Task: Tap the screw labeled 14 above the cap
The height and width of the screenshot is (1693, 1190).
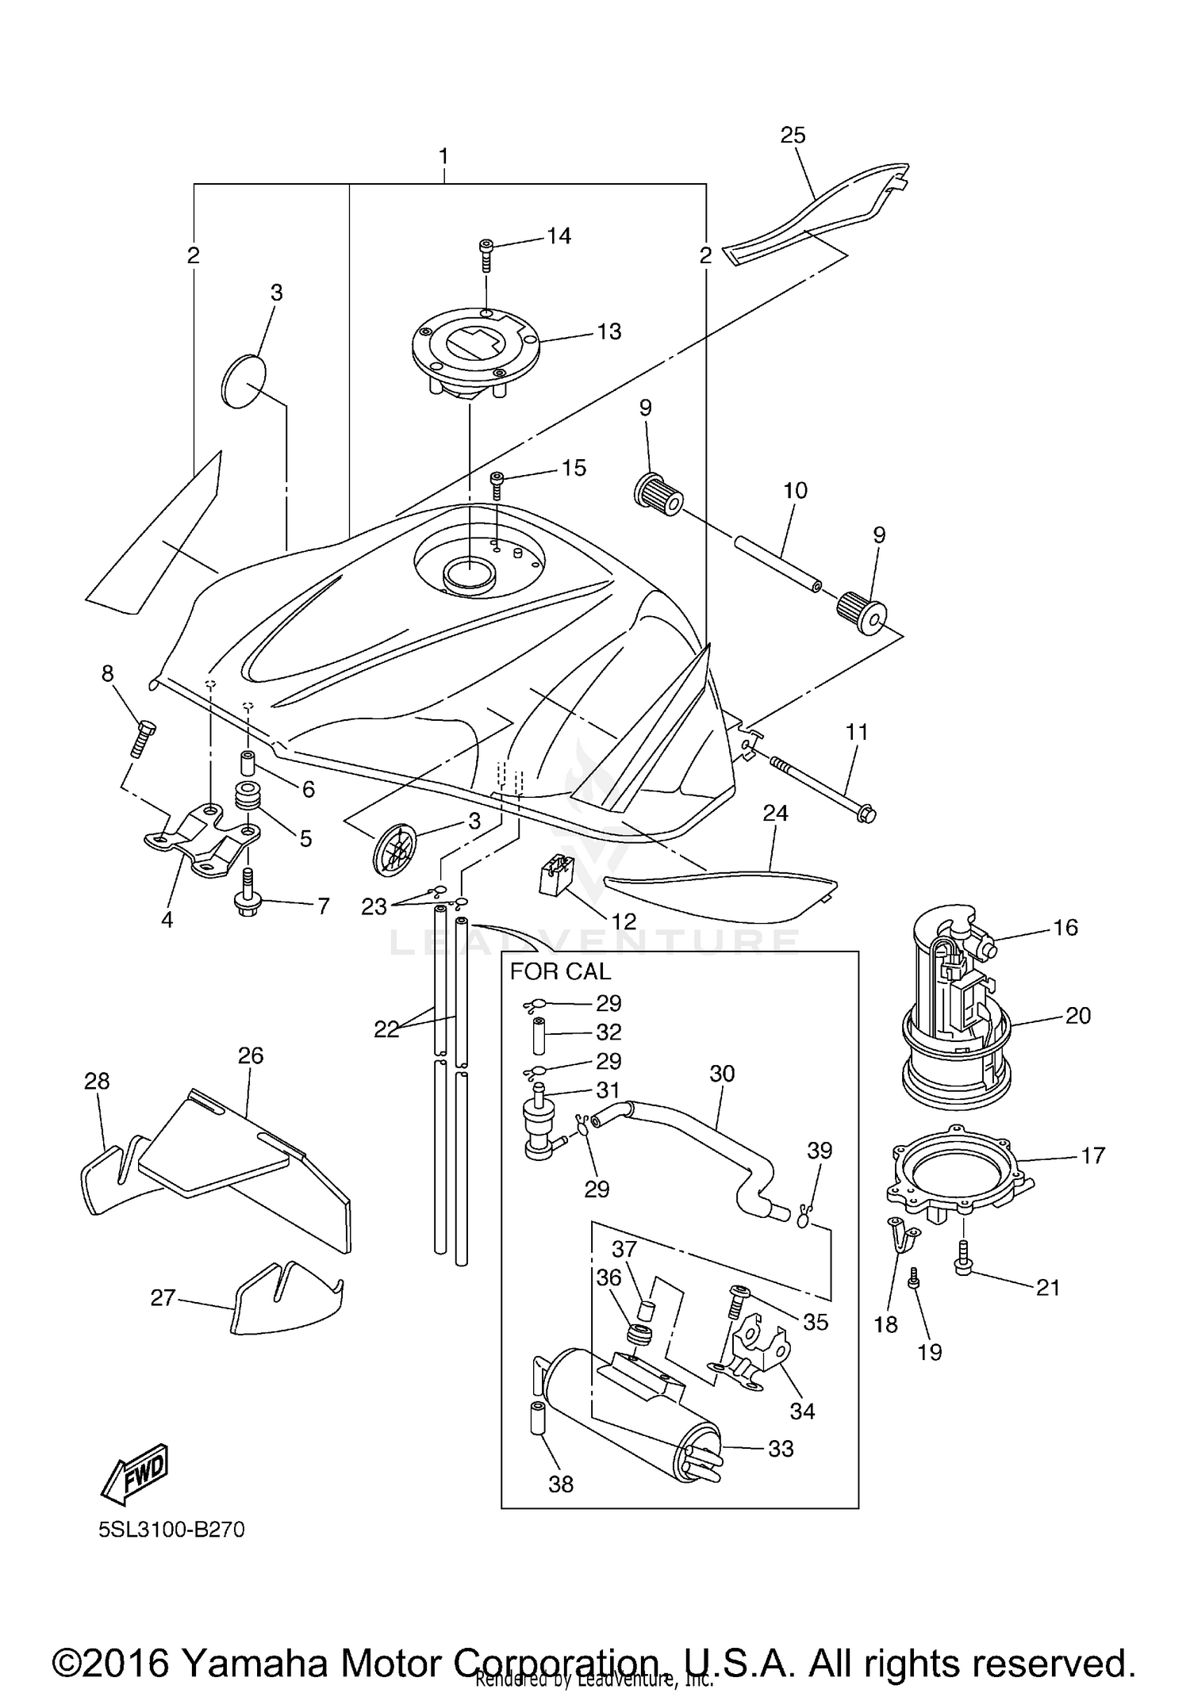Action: coord(485,255)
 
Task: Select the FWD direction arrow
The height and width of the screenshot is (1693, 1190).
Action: coord(134,1472)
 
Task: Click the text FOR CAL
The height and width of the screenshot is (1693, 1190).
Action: coord(560,971)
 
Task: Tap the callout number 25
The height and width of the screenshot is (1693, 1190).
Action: coord(793,136)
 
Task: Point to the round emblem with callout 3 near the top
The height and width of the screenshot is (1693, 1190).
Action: coord(243,382)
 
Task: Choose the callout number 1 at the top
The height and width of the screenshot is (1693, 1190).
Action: coord(443,155)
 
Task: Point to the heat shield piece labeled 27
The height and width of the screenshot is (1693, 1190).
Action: coord(286,1300)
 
